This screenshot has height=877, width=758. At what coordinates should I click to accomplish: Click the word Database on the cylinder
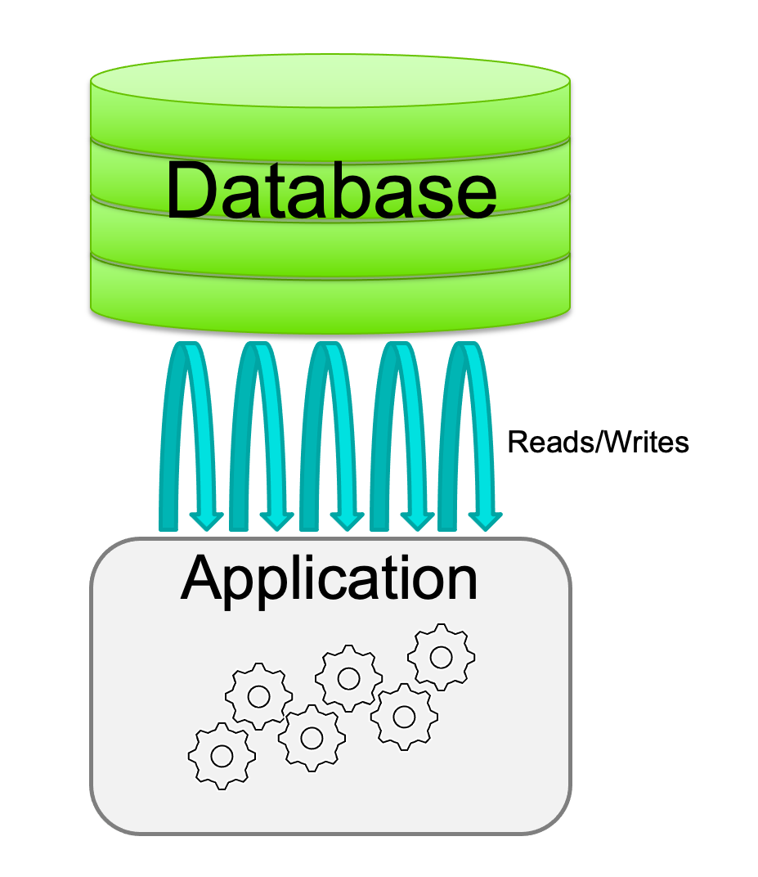pyautogui.click(x=331, y=190)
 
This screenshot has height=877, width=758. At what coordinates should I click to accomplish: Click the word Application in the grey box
pyautogui.click(x=330, y=579)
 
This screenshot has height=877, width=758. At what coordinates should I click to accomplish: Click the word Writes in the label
pyautogui.click(x=646, y=443)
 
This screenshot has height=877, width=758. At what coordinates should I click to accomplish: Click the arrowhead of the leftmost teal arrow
pyautogui.click(x=206, y=519)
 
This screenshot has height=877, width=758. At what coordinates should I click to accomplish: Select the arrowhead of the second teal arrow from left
pyautogui.click(x=276, y=519)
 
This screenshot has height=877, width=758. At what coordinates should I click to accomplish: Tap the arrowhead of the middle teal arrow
pyautogui.click(x=346, y=519)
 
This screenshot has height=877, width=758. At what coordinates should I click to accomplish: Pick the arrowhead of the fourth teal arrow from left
pyautogui.click(x=416, y=519)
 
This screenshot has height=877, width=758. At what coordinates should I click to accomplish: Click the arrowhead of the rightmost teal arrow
pyautogui.click(x=485, y=519)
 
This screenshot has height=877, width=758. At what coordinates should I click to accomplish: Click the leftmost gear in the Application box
pyautogui.click(x=222, y=755)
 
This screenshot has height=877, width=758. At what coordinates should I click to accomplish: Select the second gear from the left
pyautogui.click(x=258, y=696)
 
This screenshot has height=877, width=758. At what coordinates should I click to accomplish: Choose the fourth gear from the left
pyautogui.click(x=349, y=678)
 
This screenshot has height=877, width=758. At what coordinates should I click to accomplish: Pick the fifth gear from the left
pyautogui.click(x=403, y=717)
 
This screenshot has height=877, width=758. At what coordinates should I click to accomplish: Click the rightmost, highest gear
pyautogui.click(x=442, y=656)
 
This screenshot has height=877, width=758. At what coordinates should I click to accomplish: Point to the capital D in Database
pyautogui.click(x=197, y=190)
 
